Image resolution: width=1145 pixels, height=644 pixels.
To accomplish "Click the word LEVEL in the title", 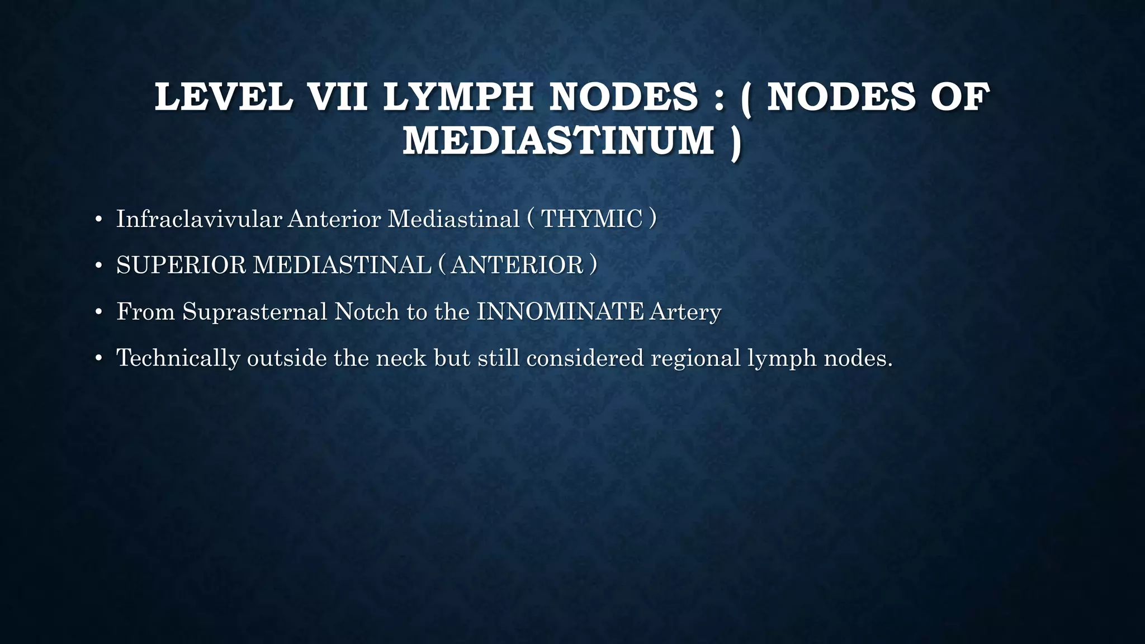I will (223, 97).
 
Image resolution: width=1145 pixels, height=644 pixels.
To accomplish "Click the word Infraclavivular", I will (198, 219).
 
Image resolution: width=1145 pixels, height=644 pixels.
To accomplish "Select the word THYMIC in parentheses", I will (592, 219).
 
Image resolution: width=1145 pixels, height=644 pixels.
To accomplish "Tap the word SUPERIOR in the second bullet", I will (181, 265).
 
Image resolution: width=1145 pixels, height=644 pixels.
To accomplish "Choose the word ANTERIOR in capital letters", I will (517, 265).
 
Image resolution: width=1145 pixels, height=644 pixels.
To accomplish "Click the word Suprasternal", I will (254, 311).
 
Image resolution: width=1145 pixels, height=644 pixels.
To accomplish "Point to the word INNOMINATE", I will (560, 311).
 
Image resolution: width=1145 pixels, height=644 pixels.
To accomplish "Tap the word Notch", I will (366, 311).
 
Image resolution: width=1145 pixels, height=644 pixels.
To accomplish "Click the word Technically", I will (178, 358).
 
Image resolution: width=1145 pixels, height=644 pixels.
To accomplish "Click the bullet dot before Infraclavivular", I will (98, 220).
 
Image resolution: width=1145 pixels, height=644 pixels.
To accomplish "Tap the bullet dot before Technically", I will (98, 358).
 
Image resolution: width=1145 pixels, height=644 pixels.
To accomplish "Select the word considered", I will (585, 358).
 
